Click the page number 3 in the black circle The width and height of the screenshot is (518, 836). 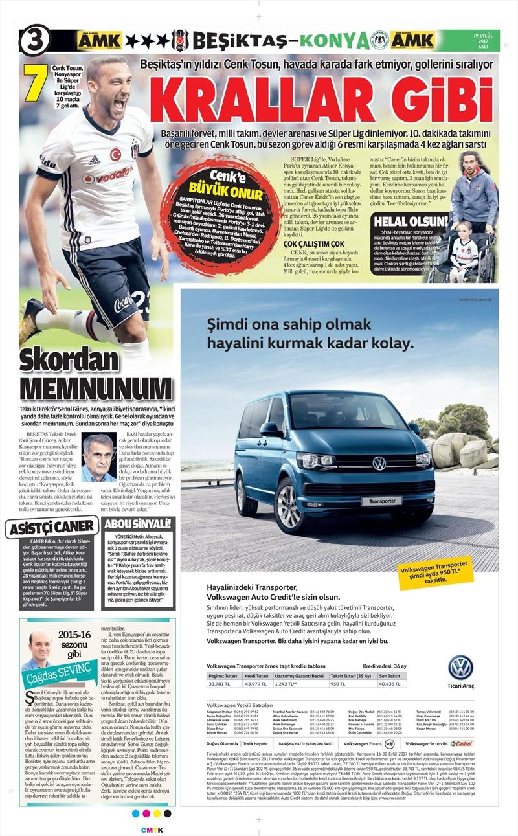(x=34, y=41)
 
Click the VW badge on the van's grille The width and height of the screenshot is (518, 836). (x=379, y=463)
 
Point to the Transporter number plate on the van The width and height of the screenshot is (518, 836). (x=381, y=501)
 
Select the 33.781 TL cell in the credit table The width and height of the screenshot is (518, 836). (x=221, y=683)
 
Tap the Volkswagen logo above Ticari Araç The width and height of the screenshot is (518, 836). (x=460, y=667)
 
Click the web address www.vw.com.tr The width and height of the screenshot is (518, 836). (x=476, y=299)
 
